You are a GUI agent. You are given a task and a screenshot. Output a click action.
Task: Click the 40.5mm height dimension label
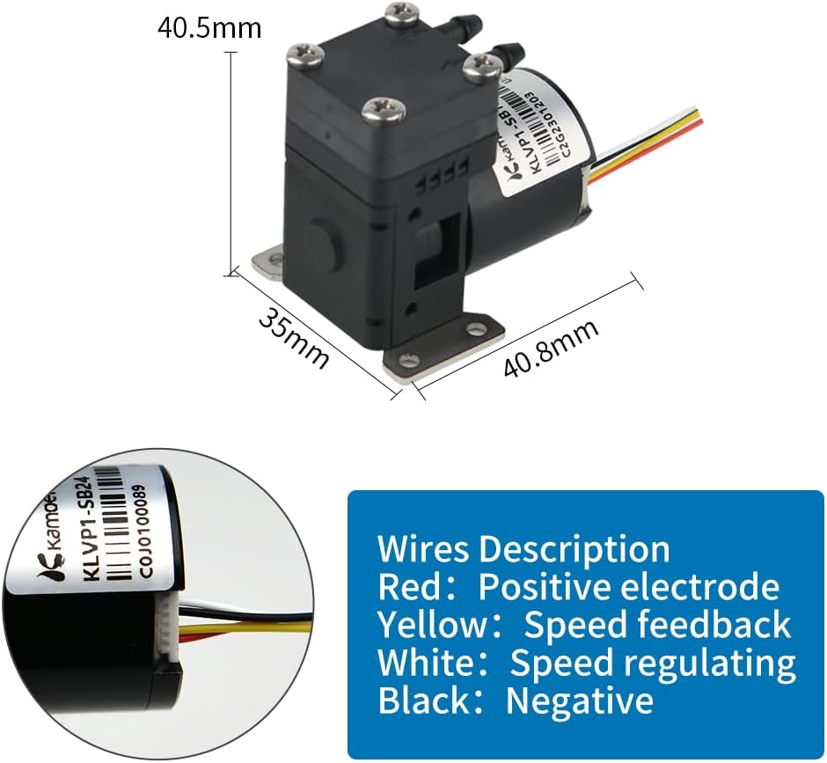pos(209,28)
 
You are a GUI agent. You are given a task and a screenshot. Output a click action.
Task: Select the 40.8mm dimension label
pos(552,348)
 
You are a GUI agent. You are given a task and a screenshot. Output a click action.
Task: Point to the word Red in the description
pos(411,587)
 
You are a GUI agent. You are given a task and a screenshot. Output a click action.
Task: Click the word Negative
pos(580,701)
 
